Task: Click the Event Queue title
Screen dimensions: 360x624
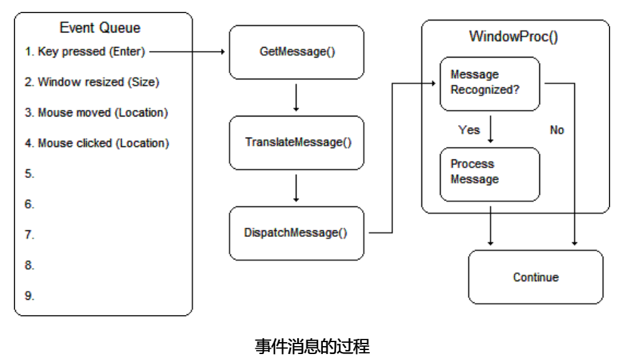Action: tap(100, 28)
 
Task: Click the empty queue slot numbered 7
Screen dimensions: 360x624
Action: tap(30, 234)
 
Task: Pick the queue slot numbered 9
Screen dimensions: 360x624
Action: tap(30, 295)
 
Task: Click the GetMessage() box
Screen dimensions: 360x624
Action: tap(296, 52)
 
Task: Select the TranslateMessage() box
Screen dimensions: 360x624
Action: tap(296, 142)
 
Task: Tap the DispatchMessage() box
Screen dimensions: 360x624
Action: tap(296, 233)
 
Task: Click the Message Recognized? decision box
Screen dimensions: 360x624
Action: tap(490, 83)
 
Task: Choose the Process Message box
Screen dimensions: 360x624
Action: tap(490, 172)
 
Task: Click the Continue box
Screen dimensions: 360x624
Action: tap(536, 277)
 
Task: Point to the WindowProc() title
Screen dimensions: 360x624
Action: tap(513, 36)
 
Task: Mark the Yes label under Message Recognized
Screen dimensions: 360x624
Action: tap(469, 130)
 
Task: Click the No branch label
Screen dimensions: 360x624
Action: tap(557, 130)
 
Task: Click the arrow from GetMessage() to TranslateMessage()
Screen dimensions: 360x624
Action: tap(296, 97)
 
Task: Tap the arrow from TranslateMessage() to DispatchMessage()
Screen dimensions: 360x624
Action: tap(296, 188)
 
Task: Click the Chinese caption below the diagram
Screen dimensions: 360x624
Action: tap(312, 346)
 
